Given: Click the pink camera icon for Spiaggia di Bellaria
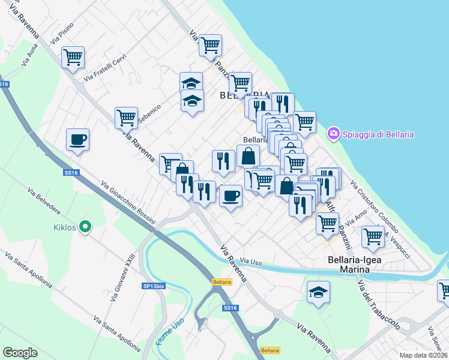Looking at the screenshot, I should pos(334,134).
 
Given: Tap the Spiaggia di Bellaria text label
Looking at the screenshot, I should pos(378,134).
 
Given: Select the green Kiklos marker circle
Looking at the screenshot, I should pos(85,227).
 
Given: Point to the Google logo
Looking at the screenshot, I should pos(20,353).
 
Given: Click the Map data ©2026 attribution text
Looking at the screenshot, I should pos(423,355).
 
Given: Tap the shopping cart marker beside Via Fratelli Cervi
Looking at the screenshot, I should pos(73,58).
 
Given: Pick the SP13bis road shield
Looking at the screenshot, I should pos(153,286).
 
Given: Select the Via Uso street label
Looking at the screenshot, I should pos(252,262).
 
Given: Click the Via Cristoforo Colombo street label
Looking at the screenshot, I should pos(374,207).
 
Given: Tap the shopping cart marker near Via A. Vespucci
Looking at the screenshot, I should pos(373,237).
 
